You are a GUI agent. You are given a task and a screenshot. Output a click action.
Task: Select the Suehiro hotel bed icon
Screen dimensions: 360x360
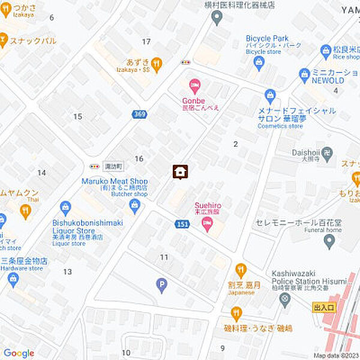point(208,225)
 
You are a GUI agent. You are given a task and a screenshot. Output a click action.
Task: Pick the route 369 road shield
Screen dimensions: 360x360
point(140,114)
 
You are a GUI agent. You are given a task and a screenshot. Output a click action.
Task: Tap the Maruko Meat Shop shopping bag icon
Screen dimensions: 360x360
point(135,206)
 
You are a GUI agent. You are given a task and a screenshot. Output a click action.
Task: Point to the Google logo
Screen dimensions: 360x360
point(19,353)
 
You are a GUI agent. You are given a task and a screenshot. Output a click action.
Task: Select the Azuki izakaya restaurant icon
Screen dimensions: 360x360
point(157,64)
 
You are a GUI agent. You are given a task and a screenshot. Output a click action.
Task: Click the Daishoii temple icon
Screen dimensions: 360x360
point(326,153)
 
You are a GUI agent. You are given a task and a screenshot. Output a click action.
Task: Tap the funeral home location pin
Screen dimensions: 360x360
point(329,241)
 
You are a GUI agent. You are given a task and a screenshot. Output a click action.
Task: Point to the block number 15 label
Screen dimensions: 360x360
point(77,116)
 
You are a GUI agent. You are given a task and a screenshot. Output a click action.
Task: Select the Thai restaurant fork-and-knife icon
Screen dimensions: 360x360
point(25,211)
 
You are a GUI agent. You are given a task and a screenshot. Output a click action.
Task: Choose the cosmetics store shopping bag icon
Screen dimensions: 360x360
point(271,95)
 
